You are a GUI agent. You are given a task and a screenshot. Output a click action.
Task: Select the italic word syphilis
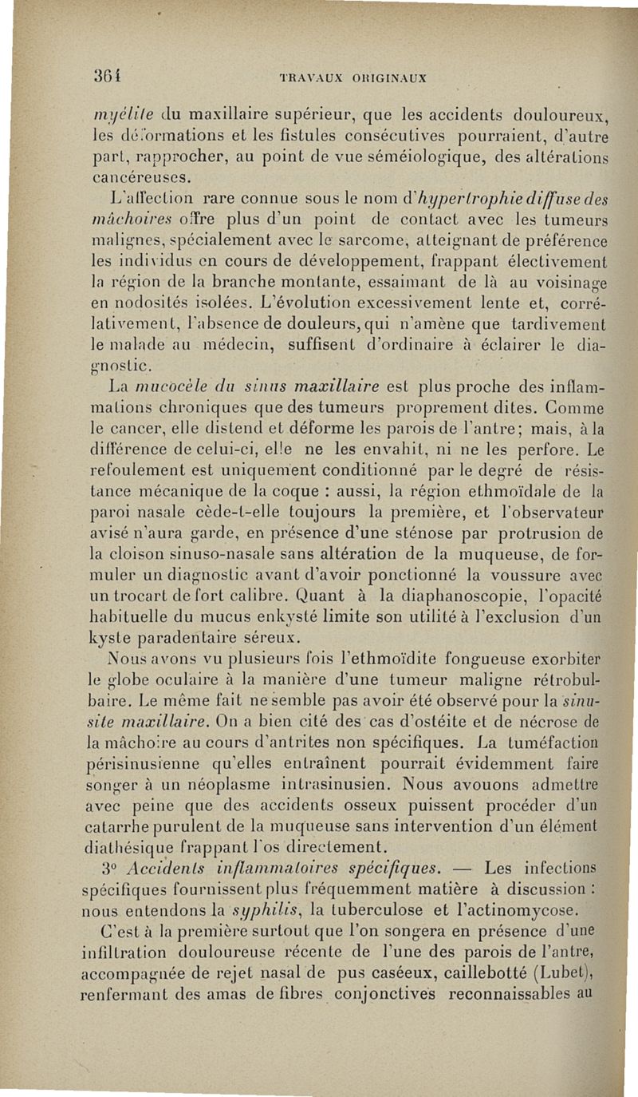[x=254, y=910]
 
